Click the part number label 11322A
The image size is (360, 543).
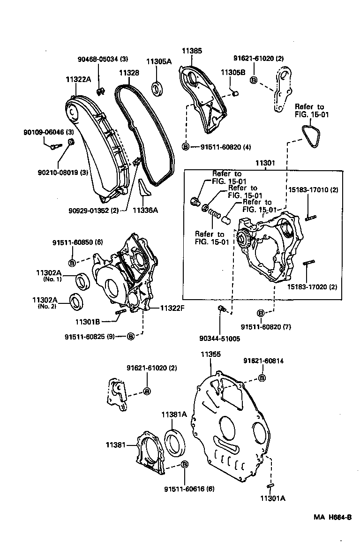[78, 80]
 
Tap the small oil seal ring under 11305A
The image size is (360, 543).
[157, 88]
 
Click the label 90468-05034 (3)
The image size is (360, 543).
[103, 59]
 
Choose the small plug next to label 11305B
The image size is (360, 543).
[236, 93]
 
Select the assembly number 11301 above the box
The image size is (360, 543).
[265, 164]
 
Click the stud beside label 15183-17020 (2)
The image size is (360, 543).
[308, 264]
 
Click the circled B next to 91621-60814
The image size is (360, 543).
[262, 378]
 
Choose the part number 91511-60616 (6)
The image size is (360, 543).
[189, 489]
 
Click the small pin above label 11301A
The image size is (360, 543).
[271, 486]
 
